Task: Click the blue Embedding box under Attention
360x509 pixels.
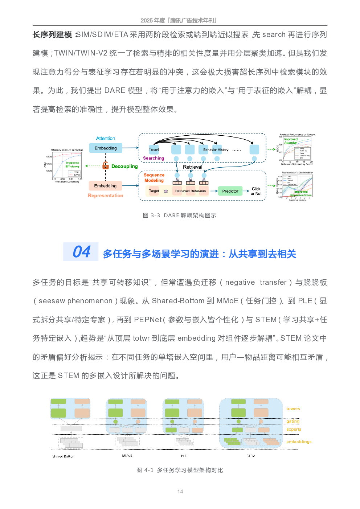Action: pos(106,148)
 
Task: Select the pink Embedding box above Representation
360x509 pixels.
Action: pos(105,186)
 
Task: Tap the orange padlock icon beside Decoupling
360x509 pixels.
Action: pos(106,165)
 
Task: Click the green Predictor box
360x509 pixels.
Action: pos(230,191)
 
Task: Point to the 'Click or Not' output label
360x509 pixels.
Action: pos(256,191)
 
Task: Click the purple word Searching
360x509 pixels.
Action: pos(154,158)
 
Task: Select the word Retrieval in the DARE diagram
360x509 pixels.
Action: pos(192,167)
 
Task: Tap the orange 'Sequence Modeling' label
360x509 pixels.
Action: pos(154,178)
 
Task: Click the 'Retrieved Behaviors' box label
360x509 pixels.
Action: pos(190,191)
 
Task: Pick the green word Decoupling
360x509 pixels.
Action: pos(124,167)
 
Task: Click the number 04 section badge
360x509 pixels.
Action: pos(81,252)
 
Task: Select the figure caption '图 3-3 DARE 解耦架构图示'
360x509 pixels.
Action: pos(180,215)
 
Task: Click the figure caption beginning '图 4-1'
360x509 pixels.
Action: pos(180,470)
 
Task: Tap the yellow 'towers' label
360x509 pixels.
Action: pos(293,409)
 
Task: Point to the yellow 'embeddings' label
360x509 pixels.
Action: pos(299,442)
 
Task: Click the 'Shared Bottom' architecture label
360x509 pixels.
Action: pos(64,456)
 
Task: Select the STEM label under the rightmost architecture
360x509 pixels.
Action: pos(251,456)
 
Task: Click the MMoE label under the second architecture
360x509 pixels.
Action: pos(127,455)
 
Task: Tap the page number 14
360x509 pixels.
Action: pos(180,491)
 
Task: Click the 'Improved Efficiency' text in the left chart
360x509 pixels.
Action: pos(73,165)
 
